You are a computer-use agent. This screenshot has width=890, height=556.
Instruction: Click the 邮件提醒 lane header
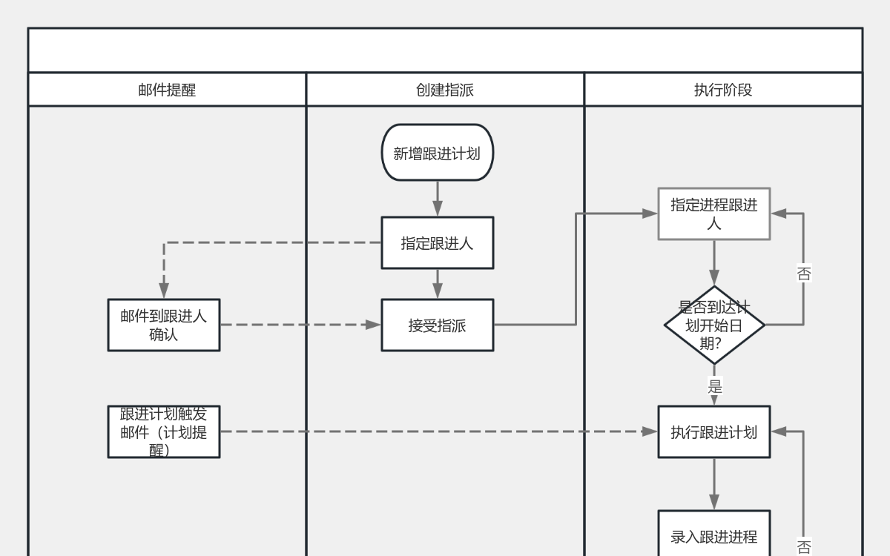click(x=167, y=90)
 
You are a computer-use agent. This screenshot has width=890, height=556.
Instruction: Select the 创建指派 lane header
click(x=445, y=90)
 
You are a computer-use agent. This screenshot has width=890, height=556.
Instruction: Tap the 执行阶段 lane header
click(x=723, y=90)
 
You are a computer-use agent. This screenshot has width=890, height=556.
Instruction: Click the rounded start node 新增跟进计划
click(x=437, y=153)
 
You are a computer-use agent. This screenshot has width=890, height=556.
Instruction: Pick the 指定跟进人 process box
click(x=437, y=243)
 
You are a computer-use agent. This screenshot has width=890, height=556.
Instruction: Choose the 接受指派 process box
click(x=437, y=325)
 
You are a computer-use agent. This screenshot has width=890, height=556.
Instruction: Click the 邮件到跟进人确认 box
click(x=164, y=325)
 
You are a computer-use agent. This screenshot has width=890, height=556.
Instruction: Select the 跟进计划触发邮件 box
click(x=164, y=431)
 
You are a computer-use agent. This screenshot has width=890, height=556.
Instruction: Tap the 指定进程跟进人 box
click(x=714, y=214)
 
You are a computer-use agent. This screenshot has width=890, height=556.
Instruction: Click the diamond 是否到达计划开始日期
click(x=714, y=325)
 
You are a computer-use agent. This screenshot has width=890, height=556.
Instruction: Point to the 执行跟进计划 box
click(x=714, y=432)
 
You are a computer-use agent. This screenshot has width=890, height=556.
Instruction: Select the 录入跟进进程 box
click(x=714, y=535)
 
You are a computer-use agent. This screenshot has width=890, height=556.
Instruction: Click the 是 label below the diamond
click(x=715, y=386)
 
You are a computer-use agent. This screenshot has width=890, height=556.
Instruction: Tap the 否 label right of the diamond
click(x=804, y=274)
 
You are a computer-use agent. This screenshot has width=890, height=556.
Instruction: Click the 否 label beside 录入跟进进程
click(x=804, y=547)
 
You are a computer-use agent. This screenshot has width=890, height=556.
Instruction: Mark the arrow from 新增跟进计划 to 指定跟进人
click(x=437, y=199)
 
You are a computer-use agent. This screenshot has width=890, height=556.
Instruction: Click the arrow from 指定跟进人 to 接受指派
click(x=437, y=284)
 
